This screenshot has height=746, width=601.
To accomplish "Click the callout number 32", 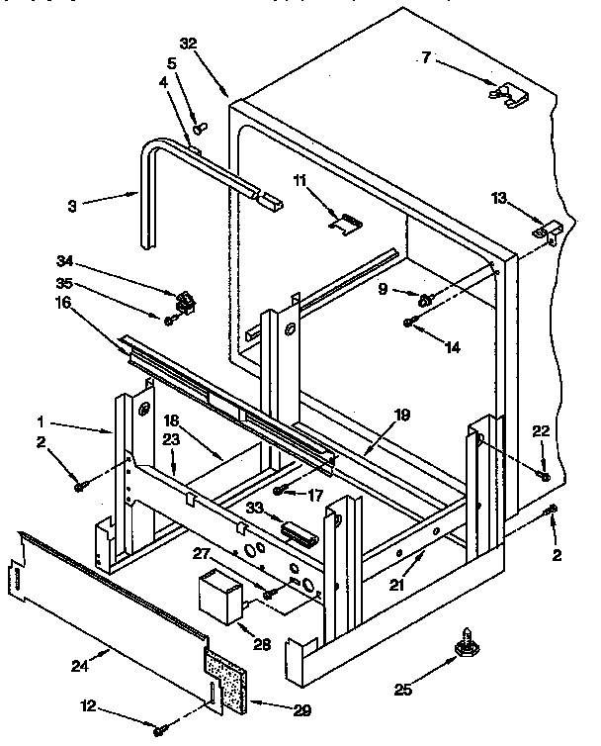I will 189,44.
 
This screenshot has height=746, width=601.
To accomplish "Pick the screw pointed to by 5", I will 202,127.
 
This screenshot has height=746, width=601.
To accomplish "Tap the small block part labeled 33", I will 296,530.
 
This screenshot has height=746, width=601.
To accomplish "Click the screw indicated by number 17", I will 282,490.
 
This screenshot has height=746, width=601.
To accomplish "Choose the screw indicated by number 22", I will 543,476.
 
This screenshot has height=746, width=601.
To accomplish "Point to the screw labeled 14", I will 407,323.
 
